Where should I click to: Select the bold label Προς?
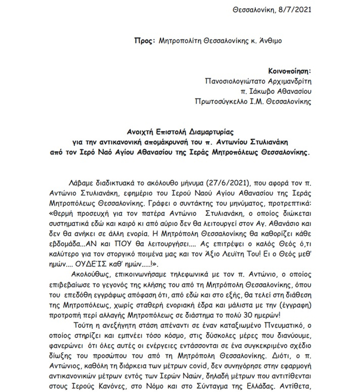click(x=144, y=41)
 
